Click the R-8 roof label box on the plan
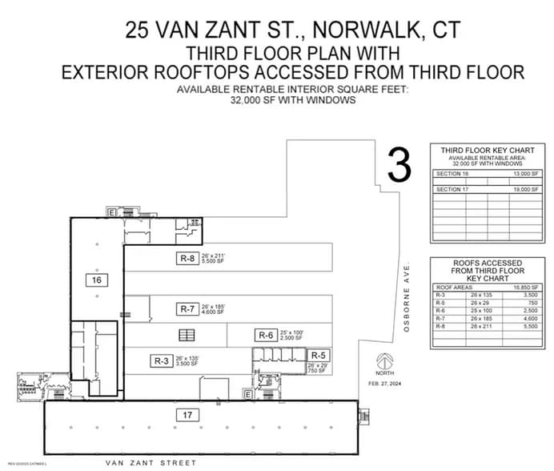pos(187,258)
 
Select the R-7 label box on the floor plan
pos(187,308)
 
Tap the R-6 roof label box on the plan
pos(266,335)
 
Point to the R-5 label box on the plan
pos(319,355)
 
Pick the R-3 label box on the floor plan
pos(160,361)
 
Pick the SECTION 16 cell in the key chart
pos(452,173)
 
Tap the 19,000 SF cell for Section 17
pos(525,189)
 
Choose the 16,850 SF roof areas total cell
pos(526,287)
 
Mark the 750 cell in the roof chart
pos(528,303)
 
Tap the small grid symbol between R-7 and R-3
pos(187,335)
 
